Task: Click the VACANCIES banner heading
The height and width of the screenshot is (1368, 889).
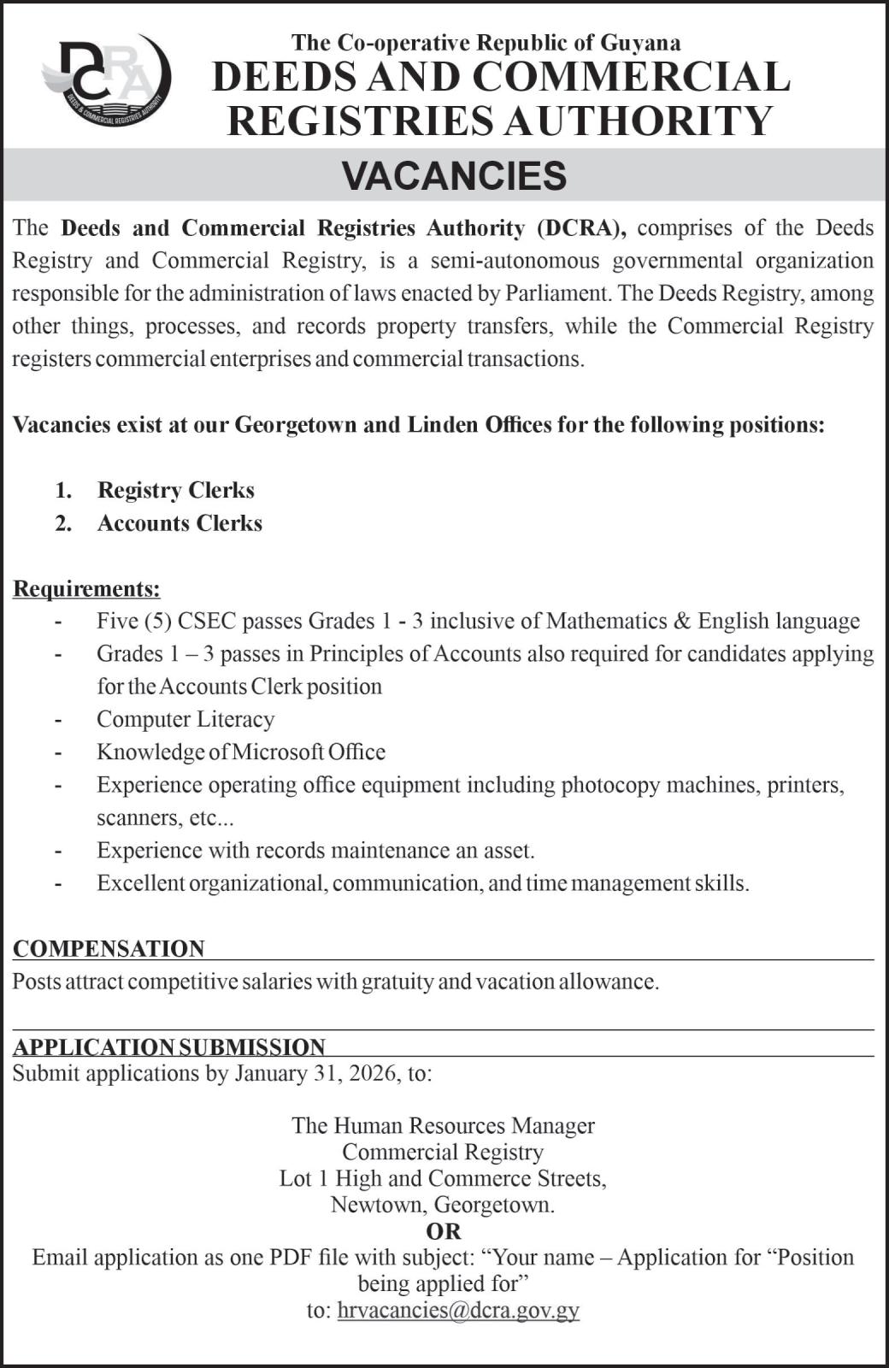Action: [x=454, y=175]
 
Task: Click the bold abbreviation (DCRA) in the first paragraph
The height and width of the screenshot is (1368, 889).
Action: [x=581, y=228]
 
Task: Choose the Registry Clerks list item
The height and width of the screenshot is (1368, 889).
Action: [x=176, y=490]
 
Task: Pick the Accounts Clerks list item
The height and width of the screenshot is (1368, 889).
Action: [x=180, y=523]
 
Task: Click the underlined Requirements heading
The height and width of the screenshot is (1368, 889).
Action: [x=86, y=589]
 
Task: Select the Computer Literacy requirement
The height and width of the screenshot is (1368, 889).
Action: [x=185, y=719]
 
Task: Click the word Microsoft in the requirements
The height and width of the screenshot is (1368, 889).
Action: [x=278, y=752]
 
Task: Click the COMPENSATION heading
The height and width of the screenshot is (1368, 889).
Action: [x=109, y=949]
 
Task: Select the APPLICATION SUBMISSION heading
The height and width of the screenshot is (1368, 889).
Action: [x=169, y=1047]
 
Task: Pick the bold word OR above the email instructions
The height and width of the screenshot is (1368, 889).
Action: [x=443, y=1231]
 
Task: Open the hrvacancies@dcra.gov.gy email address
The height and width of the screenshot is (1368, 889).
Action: [x=458, y=1310]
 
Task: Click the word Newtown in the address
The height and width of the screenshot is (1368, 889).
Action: [x=379, y=1205]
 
